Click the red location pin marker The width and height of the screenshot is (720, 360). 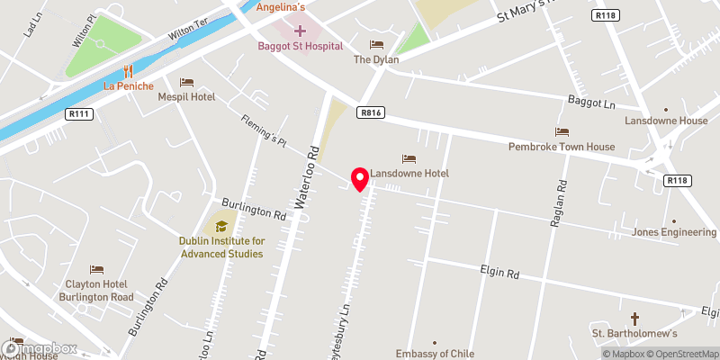coord(360,179)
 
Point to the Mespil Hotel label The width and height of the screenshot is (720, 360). coord(186,96)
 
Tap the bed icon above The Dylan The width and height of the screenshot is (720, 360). coord(376,44)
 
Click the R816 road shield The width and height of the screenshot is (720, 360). coord(369,112)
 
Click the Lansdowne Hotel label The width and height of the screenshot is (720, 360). coord(414,173)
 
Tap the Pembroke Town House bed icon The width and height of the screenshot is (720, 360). coord(562,132)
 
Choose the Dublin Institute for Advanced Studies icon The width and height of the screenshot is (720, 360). coord(220,227)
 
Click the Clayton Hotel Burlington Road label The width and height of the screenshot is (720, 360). coord(95,283)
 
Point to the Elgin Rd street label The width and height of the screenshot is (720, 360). coord(501,273)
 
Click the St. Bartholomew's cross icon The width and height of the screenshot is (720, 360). coord(634,319)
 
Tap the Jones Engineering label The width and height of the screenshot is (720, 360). coord(674,232)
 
